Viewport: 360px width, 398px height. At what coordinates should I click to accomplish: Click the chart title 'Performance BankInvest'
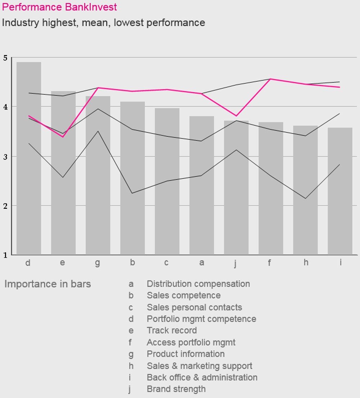[x=59, y=7]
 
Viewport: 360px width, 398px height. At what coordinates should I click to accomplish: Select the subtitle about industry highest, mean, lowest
[x=103, y=23]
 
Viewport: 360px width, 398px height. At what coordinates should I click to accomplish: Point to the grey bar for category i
[x=340, y=194]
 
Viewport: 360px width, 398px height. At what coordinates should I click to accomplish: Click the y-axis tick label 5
[x=4, y=58]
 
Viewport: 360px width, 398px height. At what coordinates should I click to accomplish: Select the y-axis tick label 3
[x=4, y=157]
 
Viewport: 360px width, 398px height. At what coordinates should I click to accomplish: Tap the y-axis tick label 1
[x=4, y=255]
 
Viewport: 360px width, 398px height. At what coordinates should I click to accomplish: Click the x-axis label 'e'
[x=63, y=263]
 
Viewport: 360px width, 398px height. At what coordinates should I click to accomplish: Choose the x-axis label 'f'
[x=269, y=263]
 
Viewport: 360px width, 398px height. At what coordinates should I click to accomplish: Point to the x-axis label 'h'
[x=306, y=263]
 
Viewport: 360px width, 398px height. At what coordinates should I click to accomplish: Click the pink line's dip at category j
[x=236, y=116]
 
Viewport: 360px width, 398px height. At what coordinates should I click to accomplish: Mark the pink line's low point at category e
[x=63, y=137]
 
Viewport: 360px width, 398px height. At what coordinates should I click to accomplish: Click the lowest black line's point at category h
[x=306, y=198]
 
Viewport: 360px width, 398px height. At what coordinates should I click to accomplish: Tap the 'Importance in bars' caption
[x=48, y=284]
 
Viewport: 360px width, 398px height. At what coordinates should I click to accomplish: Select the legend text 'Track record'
[x=172, y=330]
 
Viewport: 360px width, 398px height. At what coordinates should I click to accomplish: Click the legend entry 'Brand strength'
[x=176, y=389]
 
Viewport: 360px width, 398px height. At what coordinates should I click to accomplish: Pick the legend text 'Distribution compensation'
[x=198, y=284]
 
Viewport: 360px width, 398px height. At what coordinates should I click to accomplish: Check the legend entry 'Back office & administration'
[x=202, y=377]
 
